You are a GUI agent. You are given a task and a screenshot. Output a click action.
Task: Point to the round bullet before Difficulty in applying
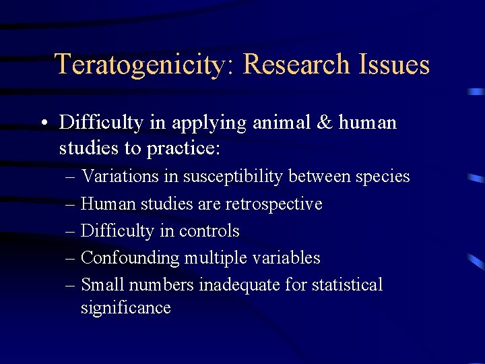(42, 123)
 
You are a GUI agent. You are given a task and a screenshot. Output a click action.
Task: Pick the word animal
(275, 123)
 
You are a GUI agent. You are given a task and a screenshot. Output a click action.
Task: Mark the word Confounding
(127, 257)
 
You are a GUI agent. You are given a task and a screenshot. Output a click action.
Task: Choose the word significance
(126, 308)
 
